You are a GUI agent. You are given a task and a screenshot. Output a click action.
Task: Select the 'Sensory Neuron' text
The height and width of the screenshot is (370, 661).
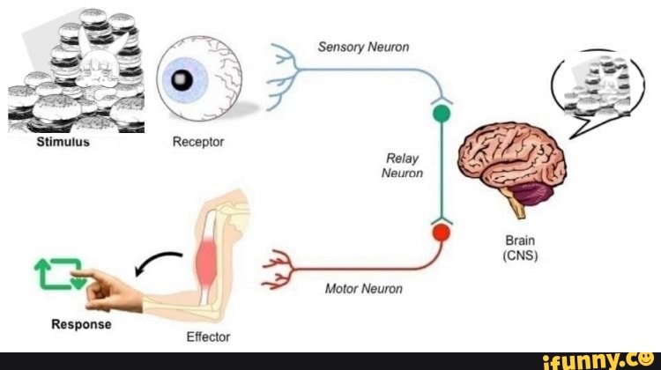coord(363,47)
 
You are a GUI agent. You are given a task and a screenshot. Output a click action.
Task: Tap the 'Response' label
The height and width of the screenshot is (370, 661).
coord(81,324)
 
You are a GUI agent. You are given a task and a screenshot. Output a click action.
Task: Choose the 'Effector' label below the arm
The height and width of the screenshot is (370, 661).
coord(208,337)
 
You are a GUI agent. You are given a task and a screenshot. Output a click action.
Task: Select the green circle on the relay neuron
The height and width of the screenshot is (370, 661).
coord(442,114)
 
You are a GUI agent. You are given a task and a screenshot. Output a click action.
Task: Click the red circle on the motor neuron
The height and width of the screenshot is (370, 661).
coord(441,233)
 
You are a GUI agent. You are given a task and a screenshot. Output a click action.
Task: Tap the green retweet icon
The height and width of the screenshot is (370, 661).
coord(58,274)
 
